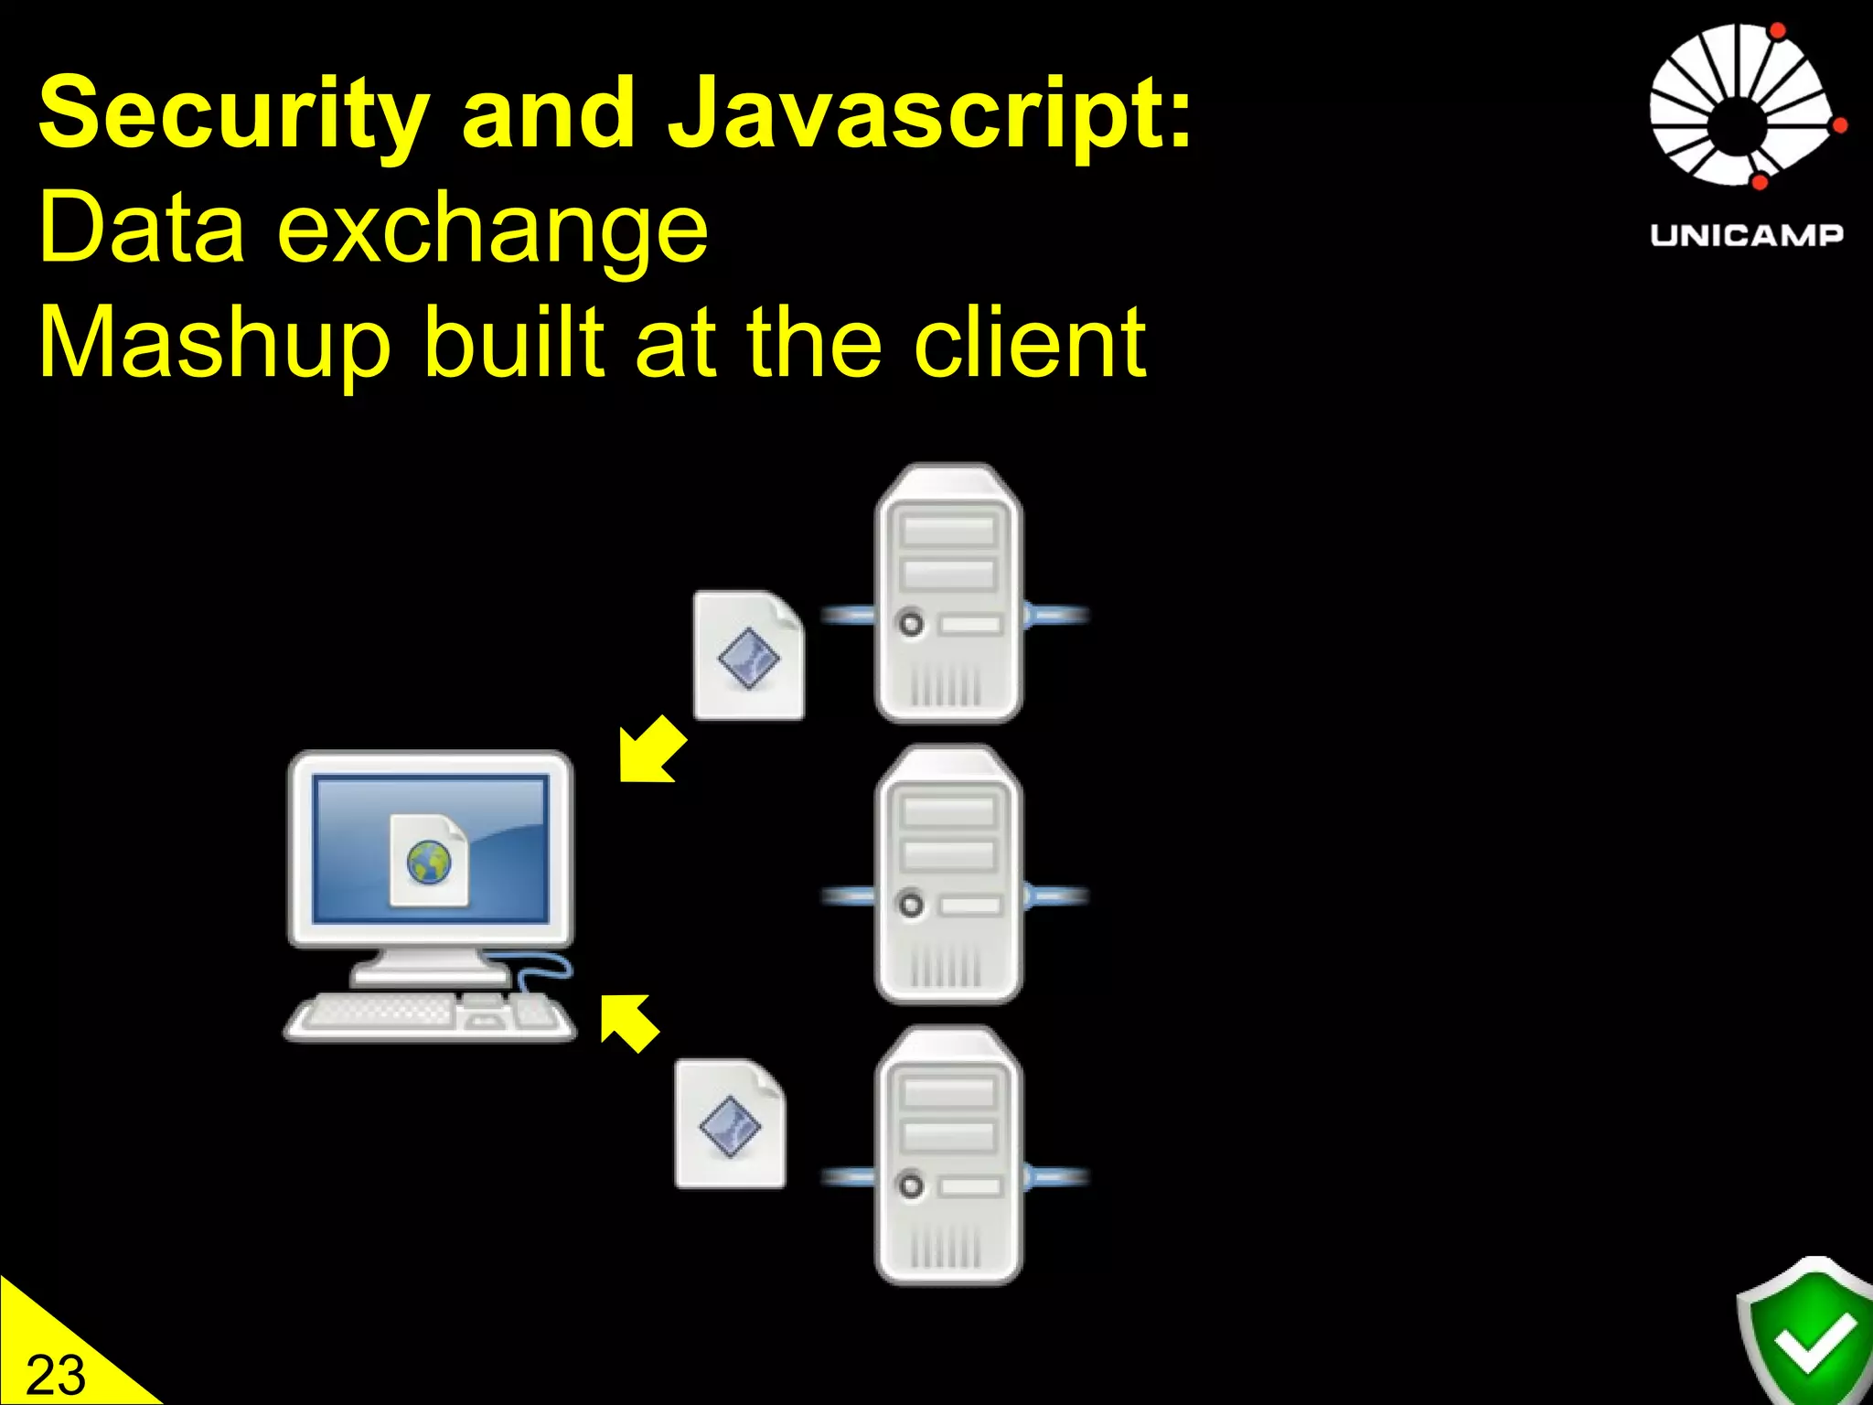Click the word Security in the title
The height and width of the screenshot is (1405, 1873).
(233, 115)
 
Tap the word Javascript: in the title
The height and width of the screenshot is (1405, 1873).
(929, 115)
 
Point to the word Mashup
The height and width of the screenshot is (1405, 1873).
(215, 344)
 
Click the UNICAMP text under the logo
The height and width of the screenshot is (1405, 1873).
(1747, 235)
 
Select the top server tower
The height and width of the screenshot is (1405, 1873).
(949, 595)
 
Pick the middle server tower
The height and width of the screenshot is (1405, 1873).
(949, 875)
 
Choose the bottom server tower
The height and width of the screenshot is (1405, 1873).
(949, 1156)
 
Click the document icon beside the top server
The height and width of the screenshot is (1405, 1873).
(749, 655)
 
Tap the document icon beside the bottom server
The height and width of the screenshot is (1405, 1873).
(730, 1124)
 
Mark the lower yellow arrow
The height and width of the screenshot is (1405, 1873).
(628, 1022)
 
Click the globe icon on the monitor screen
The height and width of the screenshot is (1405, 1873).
(429, 863)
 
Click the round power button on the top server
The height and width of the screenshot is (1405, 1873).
(911, 625)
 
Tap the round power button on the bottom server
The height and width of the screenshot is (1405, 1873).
(911, 1186)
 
